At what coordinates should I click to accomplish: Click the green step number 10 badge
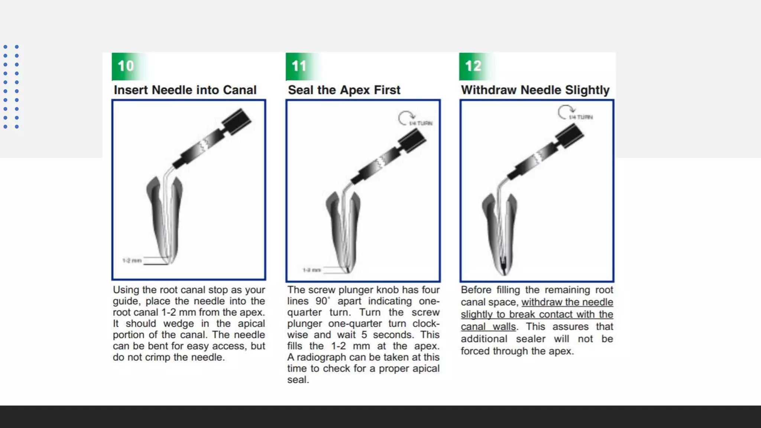[x=126, y=66]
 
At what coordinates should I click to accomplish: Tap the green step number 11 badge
[x=299, y=66]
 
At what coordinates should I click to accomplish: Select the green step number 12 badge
[x=473, y=66]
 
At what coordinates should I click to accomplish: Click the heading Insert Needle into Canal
[x=185, y=90]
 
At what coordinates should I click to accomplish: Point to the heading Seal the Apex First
[x=344, y=90]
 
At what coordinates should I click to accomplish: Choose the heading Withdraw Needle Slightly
[x=535, y=90]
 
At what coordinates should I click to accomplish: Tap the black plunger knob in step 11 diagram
[x=412, y=142]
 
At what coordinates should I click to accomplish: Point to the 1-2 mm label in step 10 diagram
[x=132, y=260]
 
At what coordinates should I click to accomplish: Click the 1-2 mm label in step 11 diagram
[x=311, y=270]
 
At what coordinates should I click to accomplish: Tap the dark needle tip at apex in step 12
[x=503, y=266]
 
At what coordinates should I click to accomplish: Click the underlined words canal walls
[x=488, y=327]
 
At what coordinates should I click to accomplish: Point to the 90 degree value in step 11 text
[x=322, y=301]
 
